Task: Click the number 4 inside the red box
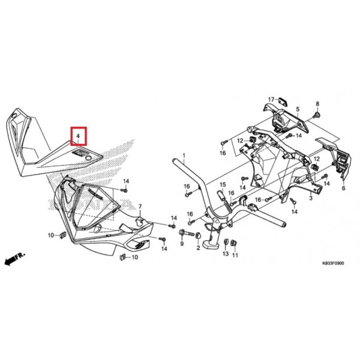[x=78, y=136]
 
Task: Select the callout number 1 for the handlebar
[x=184, y=156]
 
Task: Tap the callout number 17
[x=271, y=100]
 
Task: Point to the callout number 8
[x=317, y=104]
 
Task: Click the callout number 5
[x=298, y=109]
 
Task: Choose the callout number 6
[x=343, y=188]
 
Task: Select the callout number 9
[x=182, y=244]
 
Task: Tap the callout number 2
[x=198, y=248]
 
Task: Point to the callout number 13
[x=226, y=253]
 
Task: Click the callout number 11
[x=235, y=255]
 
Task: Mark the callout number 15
[x=223, y=185]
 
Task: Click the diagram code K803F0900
[x=333, y=263]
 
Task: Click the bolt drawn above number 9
[x=187, y=233]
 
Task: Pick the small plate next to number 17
[x=283, y=101]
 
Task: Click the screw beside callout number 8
[x=317, y=115]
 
